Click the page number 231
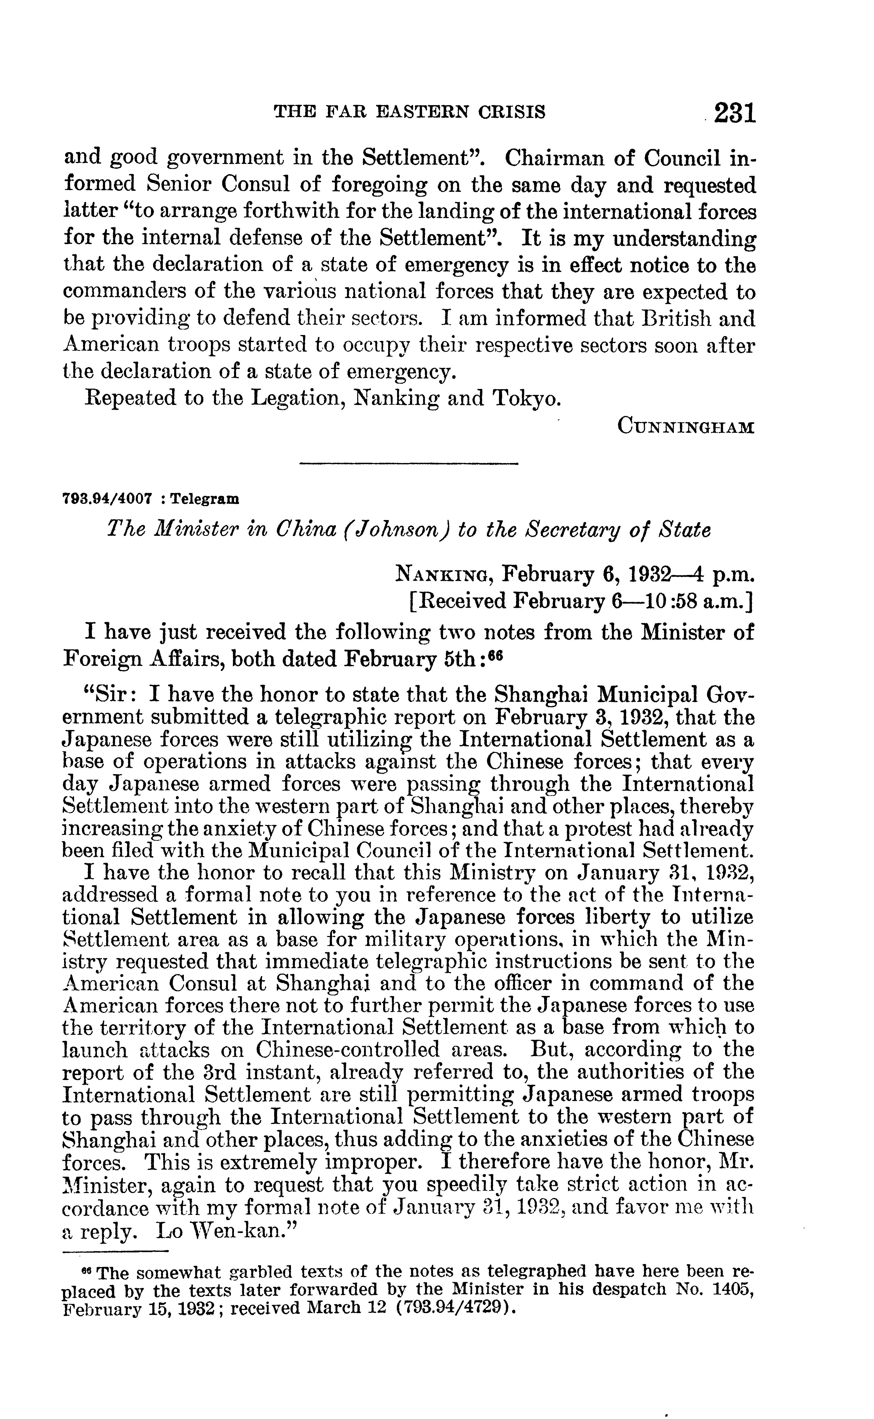[x=734, y=112]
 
